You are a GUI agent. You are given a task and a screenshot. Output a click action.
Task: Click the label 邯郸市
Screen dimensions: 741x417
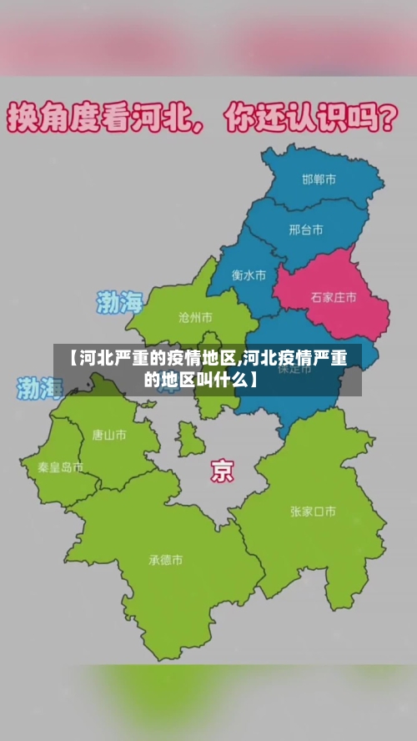[x=319, y=179]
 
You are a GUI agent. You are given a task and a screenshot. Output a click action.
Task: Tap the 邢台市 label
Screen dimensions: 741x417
[x=305, y=229]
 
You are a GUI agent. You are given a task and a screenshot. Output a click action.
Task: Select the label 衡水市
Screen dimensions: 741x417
[x=249, y=274]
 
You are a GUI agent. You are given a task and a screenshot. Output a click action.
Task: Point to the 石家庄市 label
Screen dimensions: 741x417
[x=334, y=296]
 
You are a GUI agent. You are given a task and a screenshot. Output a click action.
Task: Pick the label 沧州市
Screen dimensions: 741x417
[x=195, y=317]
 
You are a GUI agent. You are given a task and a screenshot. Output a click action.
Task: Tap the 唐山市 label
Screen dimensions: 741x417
[x=109, y=434]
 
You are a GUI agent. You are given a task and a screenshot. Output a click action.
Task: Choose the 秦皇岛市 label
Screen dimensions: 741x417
[x=60, y=467]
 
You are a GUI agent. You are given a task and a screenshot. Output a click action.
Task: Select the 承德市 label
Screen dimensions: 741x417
[x=166, y=560]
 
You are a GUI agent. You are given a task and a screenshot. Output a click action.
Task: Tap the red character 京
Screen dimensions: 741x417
[x=222, y=471]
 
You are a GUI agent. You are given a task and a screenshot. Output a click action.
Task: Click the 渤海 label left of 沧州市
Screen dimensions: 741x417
[x=120, y=302]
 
